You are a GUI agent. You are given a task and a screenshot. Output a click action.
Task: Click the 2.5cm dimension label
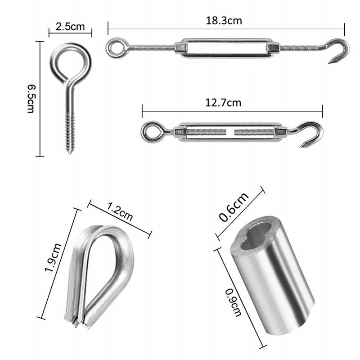70,27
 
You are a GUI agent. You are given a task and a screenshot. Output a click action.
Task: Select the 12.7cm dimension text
223,103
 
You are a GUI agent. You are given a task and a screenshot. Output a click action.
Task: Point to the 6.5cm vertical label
31,99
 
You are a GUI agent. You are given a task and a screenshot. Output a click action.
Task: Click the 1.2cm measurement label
120,212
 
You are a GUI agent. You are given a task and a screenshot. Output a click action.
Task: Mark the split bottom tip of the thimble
76,321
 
